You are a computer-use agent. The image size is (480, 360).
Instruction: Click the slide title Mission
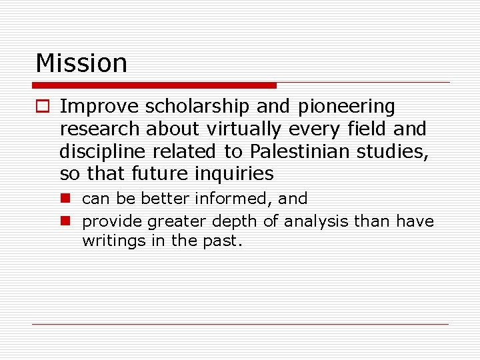(81, 63)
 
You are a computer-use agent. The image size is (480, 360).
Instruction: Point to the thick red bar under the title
(154, 85)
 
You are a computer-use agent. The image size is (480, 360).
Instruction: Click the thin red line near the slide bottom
(240, 324)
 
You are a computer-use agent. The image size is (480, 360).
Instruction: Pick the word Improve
(99, 107)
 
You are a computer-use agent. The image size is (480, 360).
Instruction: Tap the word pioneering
(347, 107)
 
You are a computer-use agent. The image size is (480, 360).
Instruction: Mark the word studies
(393, 151)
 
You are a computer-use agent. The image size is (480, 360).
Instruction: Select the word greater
(177, 221)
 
